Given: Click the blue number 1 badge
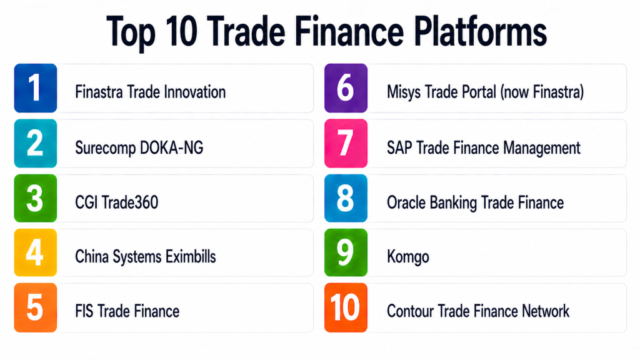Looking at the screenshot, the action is click(x=36, y=88).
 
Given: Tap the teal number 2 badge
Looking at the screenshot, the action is click(x=36, y=143).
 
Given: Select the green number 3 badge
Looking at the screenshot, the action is click(x=36, y=198).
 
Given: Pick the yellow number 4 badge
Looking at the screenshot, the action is click(x=36, y=252).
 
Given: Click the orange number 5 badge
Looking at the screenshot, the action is click(x=36, y=307).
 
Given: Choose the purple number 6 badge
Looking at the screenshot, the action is click(x=346, y=88).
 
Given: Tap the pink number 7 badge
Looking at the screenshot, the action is click(x=346, y=143).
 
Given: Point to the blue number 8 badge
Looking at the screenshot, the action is click(x=346, y=198).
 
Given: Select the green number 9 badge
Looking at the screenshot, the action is click(x=346, y=252).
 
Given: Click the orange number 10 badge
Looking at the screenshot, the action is click(x=346, y=307).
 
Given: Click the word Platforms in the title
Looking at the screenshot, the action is click(x=481, y=32).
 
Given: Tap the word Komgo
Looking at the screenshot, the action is click(x=407, y=257).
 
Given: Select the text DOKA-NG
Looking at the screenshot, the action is click(x=171, y=147).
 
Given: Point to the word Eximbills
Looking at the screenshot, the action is click(x=191, y=257).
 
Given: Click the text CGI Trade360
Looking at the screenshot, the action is click(x=117, y=202).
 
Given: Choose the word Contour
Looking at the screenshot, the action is click(x=410, y=311).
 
